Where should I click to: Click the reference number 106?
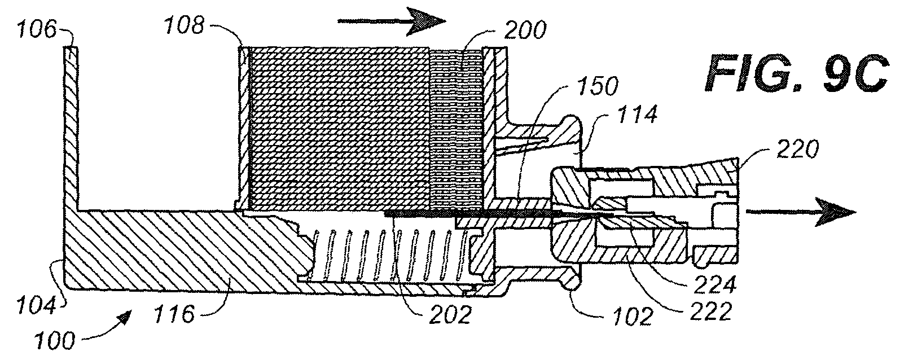point(36,30)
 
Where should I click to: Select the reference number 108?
point(184,25)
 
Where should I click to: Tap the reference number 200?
point(525,30)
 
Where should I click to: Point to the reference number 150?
point(598,86)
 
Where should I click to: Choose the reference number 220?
point(798,149)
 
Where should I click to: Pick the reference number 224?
point(715,284)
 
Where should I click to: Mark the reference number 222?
point(710,311)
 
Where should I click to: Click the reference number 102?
point(632,316)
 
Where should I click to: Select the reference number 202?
point(450,314)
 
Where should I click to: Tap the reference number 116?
point(174,314)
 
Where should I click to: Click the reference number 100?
point(55,340)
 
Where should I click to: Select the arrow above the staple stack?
point(392,21)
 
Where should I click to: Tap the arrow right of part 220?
point(801,212)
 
